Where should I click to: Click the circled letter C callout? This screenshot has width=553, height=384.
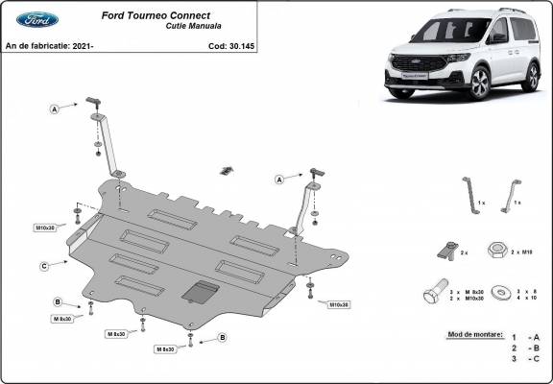pyautogui.click(x=44, y=266)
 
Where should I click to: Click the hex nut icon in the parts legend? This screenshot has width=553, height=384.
pyautogui.click(x=497, y=251)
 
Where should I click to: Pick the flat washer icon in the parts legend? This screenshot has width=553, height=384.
pyautogui.click(x=496, y=292)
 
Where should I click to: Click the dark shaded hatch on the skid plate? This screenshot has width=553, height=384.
pyautogui.click(x=200, y=292)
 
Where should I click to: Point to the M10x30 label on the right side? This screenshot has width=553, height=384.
pyautogui.click(x=339, y=304)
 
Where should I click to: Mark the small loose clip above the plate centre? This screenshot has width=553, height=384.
pyautogui.click(x=226, y=171)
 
